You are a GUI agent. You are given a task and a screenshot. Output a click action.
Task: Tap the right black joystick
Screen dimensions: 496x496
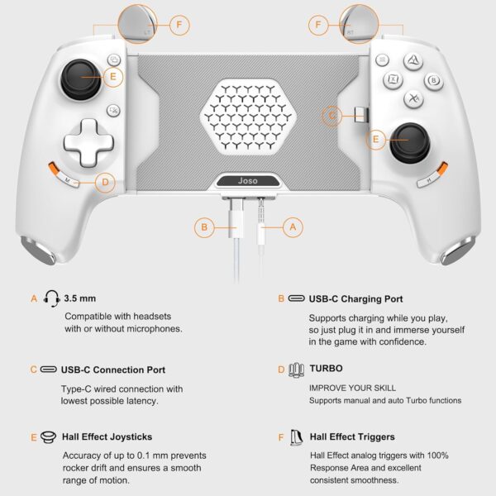(413, 142)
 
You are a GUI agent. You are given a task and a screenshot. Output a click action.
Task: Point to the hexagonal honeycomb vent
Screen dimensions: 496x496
(248, 117)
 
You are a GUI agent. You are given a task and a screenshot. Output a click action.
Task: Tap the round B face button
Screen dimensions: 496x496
(433, 80)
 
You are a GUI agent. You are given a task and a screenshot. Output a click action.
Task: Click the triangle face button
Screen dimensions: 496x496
(410, 60)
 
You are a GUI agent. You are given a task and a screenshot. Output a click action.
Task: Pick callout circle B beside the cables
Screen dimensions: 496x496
(205, 227)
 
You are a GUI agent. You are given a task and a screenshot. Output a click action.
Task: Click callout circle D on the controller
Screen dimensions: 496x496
(104, 183)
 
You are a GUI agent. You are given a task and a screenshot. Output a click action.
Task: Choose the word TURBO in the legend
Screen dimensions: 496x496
(327, 369)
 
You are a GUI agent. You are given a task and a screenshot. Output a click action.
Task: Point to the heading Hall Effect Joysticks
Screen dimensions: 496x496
(107, 436)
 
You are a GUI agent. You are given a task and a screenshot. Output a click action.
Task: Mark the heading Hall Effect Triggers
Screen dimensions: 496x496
(352, 436)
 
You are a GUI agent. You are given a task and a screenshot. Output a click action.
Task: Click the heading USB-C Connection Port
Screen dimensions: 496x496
(113, 370)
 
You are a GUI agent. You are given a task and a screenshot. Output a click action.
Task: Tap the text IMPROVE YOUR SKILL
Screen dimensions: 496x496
(352, 387)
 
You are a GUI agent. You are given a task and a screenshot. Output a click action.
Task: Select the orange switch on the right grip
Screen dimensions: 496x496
(443, 169)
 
